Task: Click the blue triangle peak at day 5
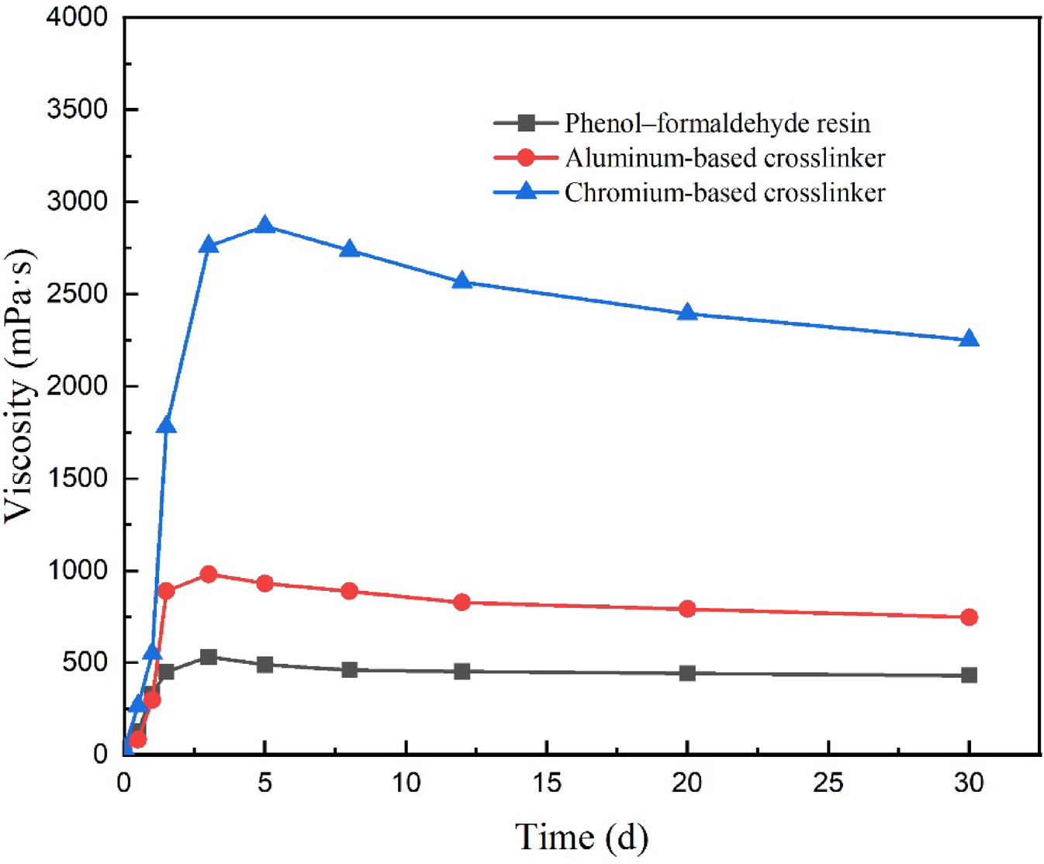point(264,226)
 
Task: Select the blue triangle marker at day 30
point(969,339)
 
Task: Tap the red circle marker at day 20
point(687,609)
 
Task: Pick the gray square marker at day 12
point(462,671)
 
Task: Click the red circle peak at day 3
point(208,574)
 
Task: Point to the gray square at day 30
point(969,676)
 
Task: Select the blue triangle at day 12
point(462,281)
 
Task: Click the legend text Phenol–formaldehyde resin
point(717,123)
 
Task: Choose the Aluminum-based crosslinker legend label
point(724,158)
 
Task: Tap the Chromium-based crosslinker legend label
point(724,192)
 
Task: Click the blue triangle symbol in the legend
point(526,191)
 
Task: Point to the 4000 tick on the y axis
point(78,17)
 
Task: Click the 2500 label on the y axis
point(78,294)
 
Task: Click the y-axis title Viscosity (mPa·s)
point(20,385)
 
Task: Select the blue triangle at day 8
point(349,250)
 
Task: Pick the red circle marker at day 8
point(349,591)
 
